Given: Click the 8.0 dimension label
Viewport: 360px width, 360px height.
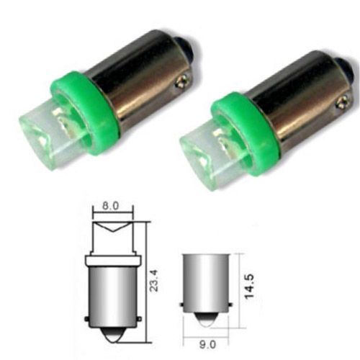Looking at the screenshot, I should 112,207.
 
